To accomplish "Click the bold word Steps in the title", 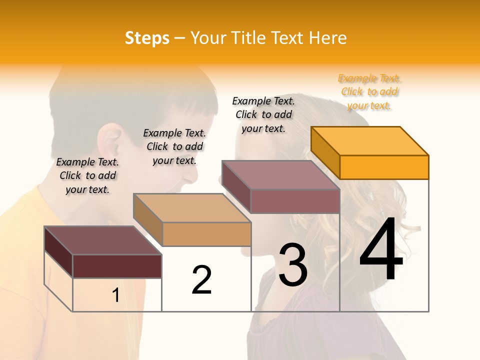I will click(147, 38).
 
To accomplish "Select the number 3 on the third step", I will click(293, 264).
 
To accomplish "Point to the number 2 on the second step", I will click(201, 279).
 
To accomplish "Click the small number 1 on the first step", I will click(115, 295).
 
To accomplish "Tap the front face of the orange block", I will click(384, 167).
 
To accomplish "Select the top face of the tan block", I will click(192, 207).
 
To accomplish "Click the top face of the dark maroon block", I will click(102, 240).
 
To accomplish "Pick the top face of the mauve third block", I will click(280, 174).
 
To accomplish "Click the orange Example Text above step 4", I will click(369, 92).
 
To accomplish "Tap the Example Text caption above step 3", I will click(263, 114).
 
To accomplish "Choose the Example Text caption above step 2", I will click(174, 146).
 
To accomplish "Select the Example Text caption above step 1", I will click(87, 175).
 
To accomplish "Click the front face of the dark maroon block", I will click(117, 266).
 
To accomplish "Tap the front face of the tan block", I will click(206, 234).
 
